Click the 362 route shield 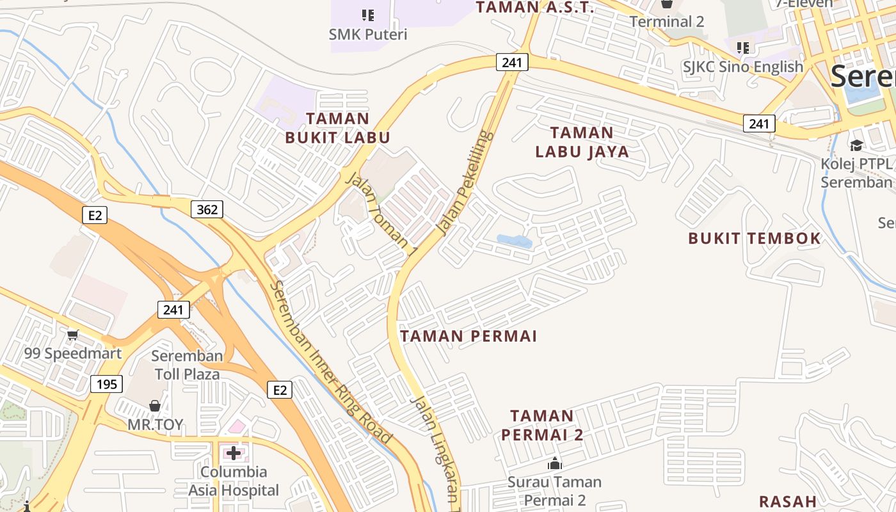(207, 209)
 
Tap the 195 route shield (107, 384)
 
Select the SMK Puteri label (368, 34)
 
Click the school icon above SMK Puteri (368, 14)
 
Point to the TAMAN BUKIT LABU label (337, 128)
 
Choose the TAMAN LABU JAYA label (582, 142)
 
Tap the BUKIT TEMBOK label (755, 239)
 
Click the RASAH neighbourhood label (788, 501)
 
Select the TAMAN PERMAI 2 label (542, 425)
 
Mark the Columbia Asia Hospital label (234, 481)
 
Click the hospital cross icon (234, 453)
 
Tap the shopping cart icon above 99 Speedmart (73, 334)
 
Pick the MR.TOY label (155, 425)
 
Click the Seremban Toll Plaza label (188, 365)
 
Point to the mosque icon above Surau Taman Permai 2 (555, 463)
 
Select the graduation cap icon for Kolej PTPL (856, 145)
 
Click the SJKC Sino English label (742, 67)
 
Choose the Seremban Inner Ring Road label (330, 362)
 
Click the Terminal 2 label (667, 22)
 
